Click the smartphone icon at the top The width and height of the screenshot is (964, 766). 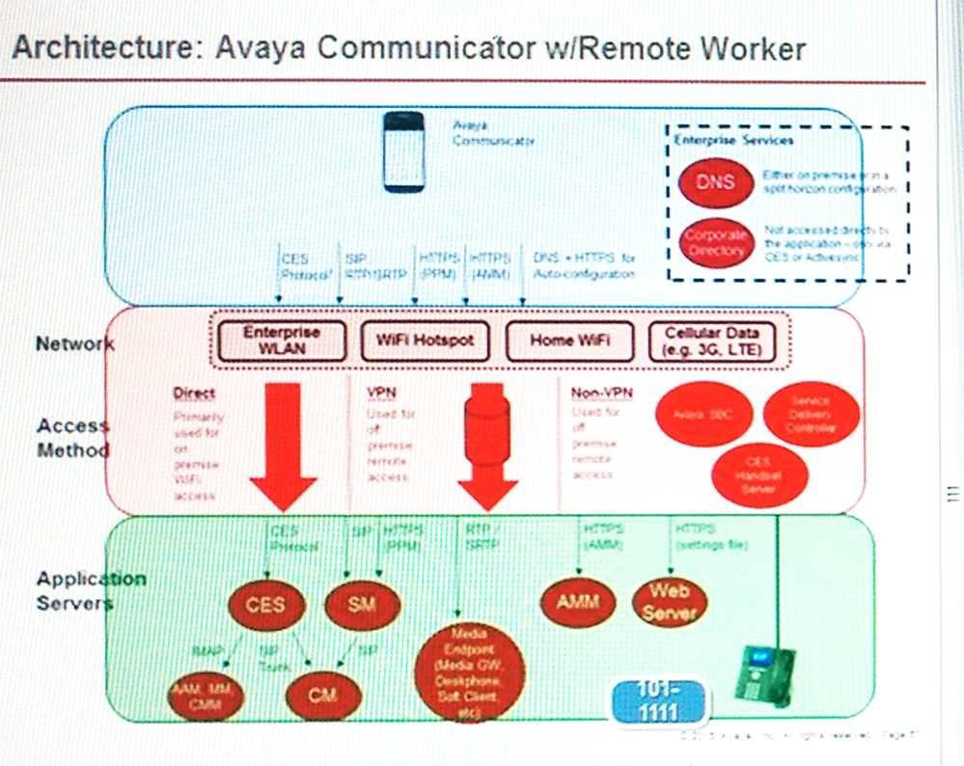(403, 152)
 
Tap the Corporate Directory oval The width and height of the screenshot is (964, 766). (716, 243)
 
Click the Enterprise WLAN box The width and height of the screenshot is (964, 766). (281, 341)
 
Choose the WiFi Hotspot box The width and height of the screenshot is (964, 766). (425, 341)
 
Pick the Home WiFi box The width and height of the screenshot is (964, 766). (569, 341)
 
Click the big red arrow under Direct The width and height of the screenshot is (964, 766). (283, 444)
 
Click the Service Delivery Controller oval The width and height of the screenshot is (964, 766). (811, 414)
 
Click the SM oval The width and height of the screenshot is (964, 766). (361, 605)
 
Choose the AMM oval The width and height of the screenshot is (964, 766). (578, 602)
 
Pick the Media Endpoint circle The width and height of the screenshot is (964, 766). (469, 671)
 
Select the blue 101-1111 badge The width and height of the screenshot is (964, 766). (657, 702)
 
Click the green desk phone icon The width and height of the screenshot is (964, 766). (765, 672)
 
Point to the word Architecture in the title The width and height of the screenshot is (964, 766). (97, 47)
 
